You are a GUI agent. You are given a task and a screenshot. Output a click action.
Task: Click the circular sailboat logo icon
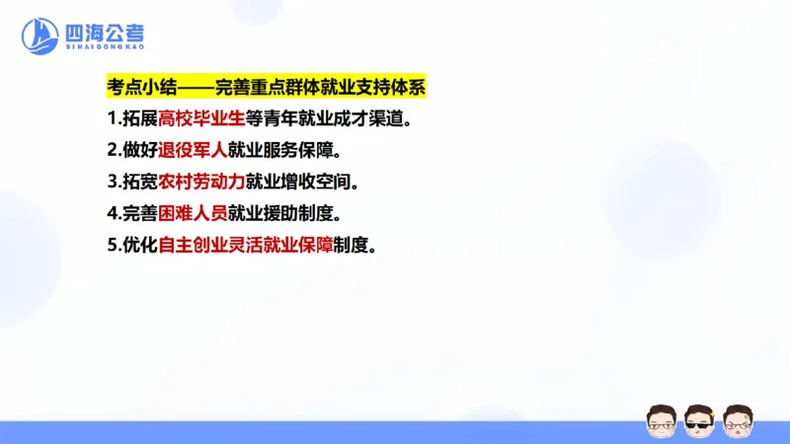point(40,37)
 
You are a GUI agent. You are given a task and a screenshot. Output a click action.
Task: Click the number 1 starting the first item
point(113,119)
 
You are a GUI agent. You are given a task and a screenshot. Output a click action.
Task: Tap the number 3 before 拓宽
point(113,183)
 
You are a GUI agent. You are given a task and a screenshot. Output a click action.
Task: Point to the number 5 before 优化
point(113,246)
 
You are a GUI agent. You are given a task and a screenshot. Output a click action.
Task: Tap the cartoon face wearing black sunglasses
point(699,418)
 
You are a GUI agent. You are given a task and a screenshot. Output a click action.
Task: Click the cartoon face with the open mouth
point(738,418)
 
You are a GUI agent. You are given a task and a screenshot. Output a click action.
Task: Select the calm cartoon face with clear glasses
point(661,418)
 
